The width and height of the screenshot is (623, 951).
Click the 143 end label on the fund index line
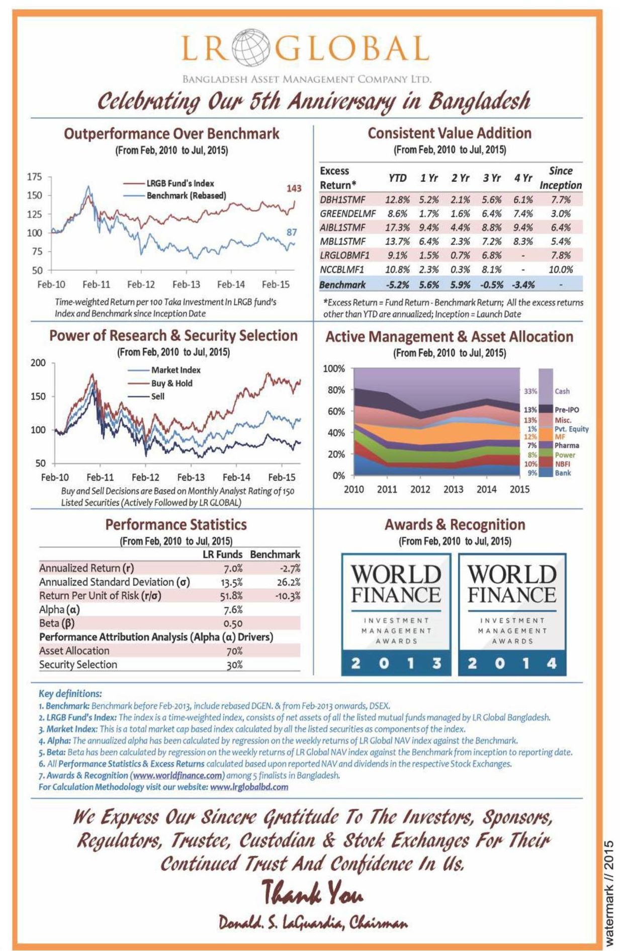coord(294,188)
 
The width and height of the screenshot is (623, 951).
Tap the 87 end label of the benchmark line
coord(292,232)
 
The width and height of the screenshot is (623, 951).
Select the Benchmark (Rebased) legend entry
coord(186,196)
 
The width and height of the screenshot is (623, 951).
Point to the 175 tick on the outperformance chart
coord(35,177)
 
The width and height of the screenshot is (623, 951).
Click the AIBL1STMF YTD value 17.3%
coord(397,227)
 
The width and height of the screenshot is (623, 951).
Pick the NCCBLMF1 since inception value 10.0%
coord(561,269)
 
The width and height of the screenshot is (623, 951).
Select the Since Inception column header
coord(561,178)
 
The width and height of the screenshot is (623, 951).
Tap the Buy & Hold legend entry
coord(171,383)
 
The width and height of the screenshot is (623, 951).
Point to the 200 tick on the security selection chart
coord(38,363)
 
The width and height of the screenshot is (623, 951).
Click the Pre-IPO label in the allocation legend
coord(567,410)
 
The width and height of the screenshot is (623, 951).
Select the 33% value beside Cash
coord(530,391)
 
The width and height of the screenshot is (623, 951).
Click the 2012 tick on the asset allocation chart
coord(420,489)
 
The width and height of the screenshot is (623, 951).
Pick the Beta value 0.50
coord(233,624)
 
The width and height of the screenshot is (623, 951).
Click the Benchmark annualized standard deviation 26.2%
coord(288,582)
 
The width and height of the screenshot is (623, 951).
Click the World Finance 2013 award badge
coord(396,614)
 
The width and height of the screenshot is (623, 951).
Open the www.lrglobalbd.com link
coord(249,787)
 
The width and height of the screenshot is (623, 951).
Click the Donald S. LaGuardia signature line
coord(313,923)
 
